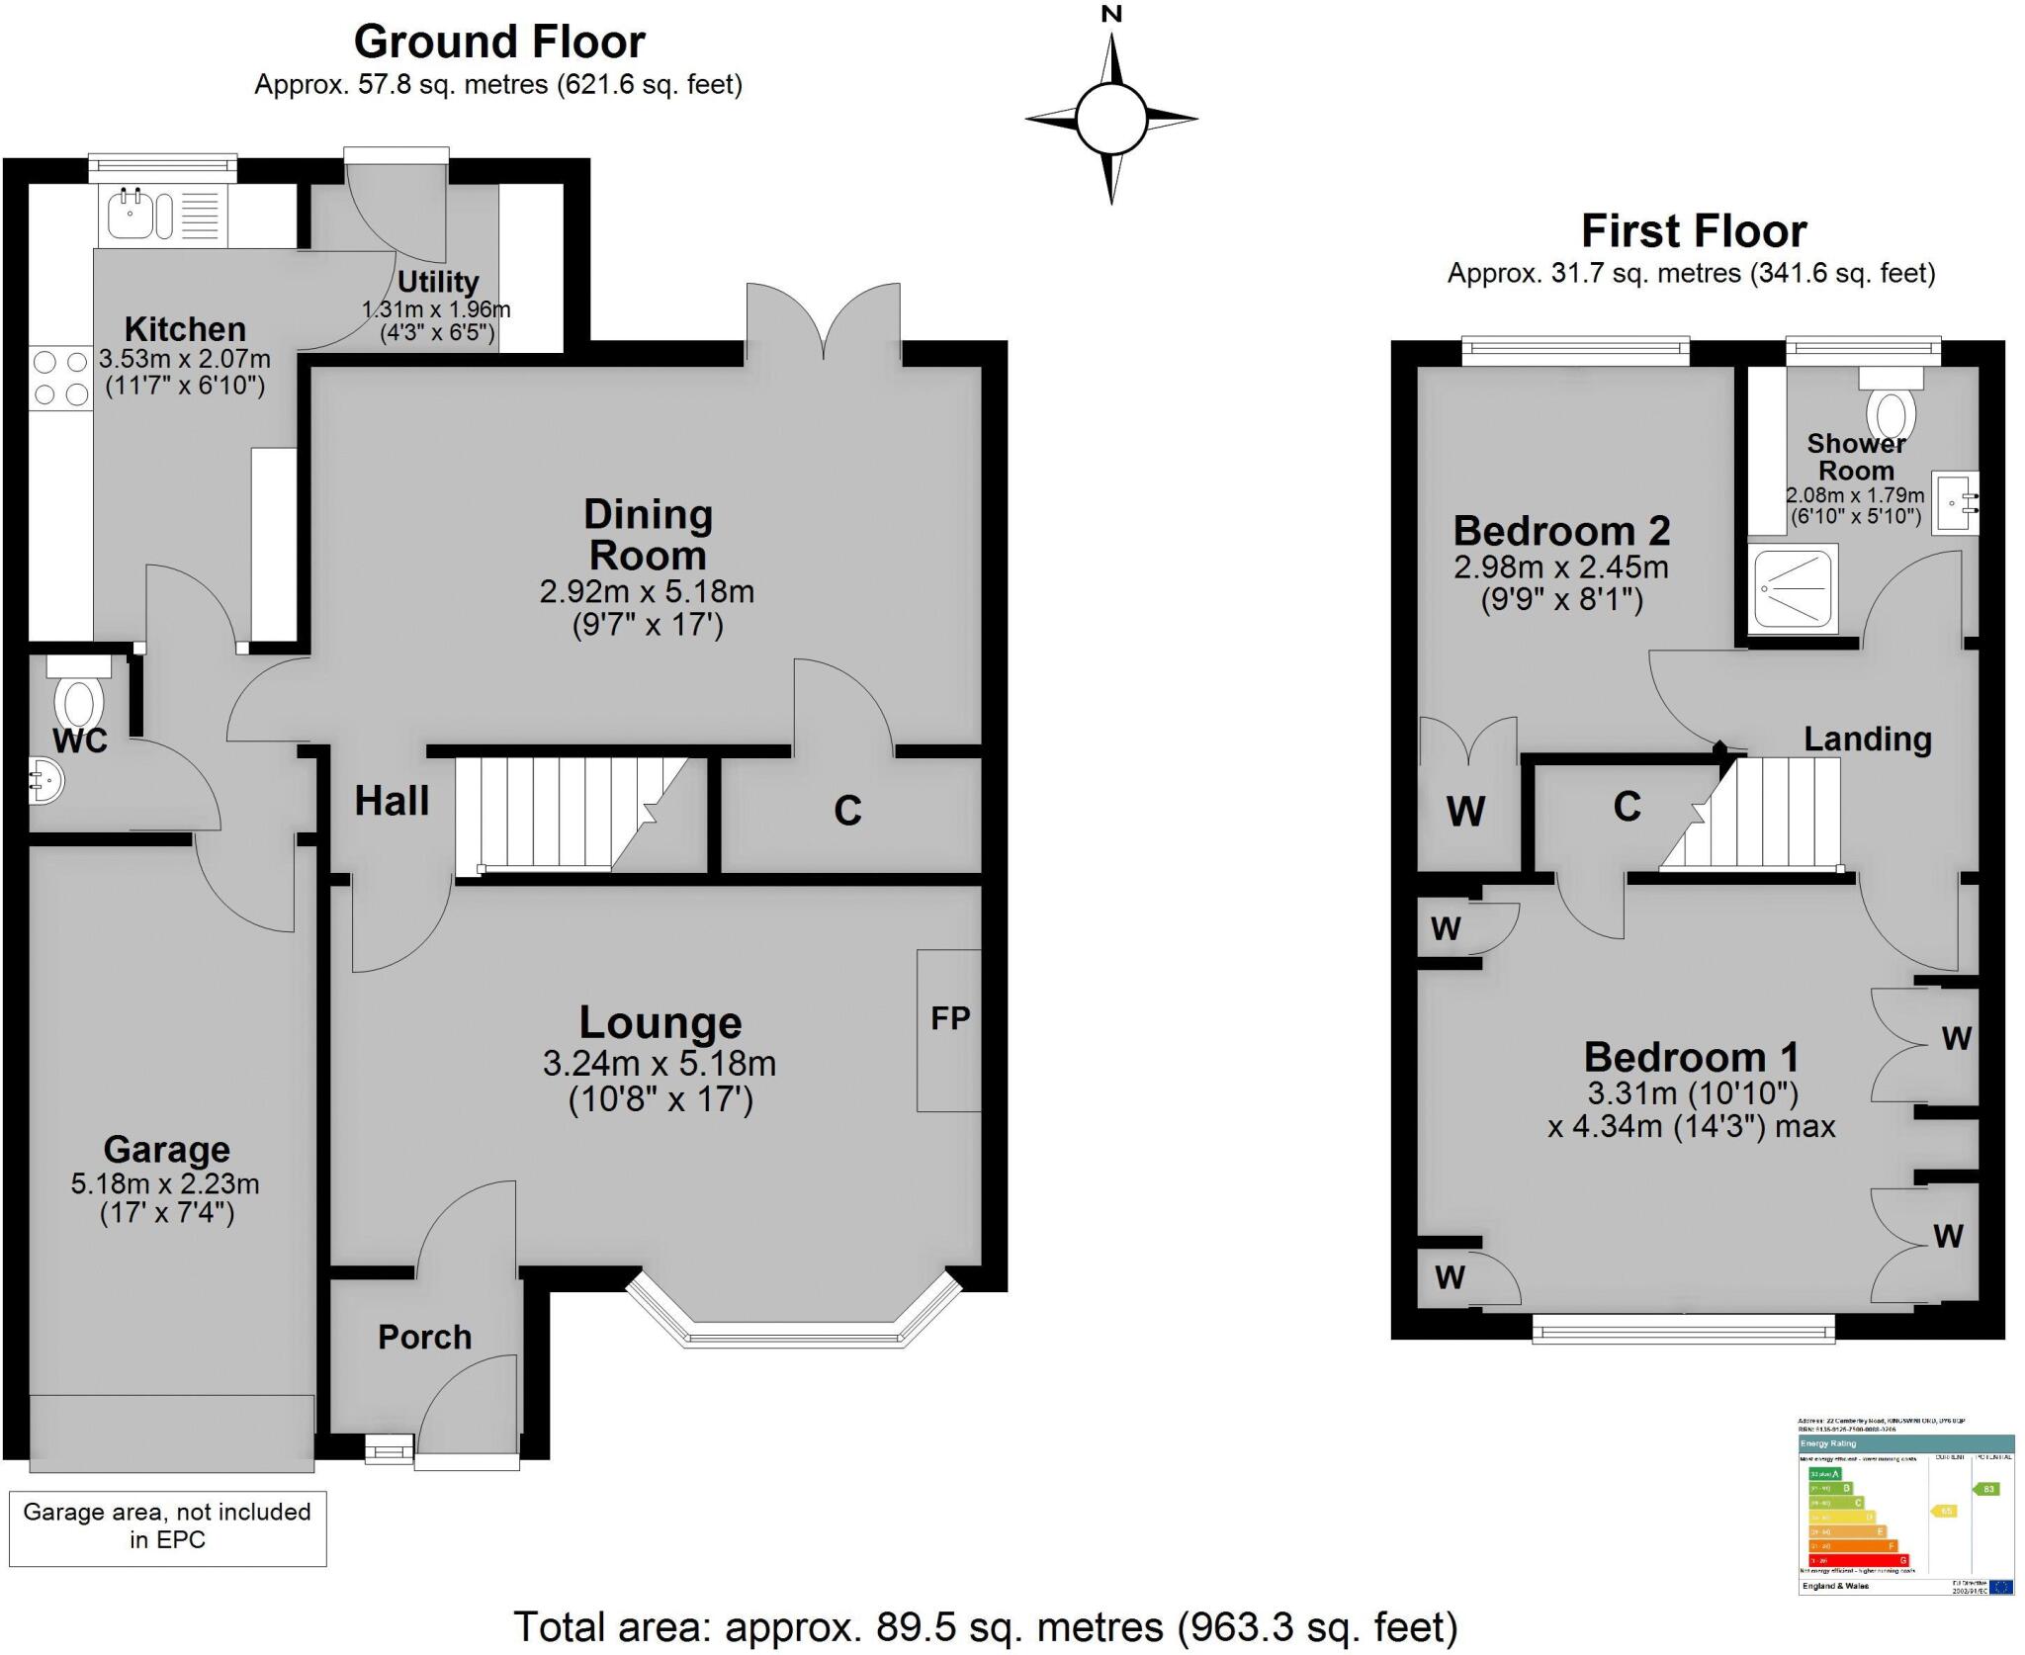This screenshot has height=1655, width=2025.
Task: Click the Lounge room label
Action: click(x=660, y=1022)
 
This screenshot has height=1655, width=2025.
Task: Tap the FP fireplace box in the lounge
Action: click(x=949, y=1029)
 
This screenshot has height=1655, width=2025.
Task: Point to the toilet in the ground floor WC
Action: click(x=78, y=698)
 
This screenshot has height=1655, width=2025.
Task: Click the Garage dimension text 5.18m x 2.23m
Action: click(x=165, y=1183)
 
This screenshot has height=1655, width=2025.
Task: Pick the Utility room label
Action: click(x=437, y=282)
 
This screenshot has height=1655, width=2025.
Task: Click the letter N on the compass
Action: click(x=1112, y=14)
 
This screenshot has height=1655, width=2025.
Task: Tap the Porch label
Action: click(x=424, y=1337)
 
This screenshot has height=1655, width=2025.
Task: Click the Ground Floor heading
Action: click(x=499, y=43)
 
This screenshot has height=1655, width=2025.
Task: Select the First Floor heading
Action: click(x=1694, y=231)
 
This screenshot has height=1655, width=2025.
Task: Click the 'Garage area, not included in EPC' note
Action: click(x=167, y=1524)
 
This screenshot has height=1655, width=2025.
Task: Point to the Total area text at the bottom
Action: click(x=986, y=1626)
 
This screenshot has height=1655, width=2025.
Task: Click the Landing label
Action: click(x=1867, y=739)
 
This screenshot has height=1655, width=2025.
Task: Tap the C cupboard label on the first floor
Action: click(x=1627, y=807)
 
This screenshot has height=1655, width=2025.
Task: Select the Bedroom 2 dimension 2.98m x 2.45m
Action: click(x=1561, y=566)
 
